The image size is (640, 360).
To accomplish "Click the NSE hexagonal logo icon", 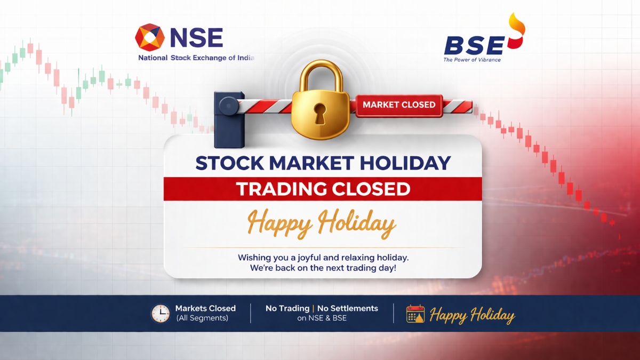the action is click(x=150, y=37).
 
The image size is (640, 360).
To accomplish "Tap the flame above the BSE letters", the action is click(x=517, y=31).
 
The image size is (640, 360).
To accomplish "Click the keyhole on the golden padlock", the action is click(x=320, y=114).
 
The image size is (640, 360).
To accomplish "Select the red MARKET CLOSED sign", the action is click(x=399, y=106).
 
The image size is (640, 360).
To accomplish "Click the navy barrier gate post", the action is click(x=229, y=119).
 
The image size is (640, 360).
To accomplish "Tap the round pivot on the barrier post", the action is click(x=229, y=106).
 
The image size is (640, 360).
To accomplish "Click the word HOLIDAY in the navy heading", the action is click(x=405, y=163).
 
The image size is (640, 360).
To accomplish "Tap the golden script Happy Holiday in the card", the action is click(x=322, y=223).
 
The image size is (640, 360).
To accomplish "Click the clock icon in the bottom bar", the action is click(x=161, y=314).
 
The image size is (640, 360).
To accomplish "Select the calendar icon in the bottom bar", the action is click(x=415, y=314).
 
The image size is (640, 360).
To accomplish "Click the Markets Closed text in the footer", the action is click(x=205, y=308).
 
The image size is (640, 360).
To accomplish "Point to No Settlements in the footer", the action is click(x=347, y=308).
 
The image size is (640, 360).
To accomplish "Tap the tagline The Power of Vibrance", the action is click(x=472, y=60).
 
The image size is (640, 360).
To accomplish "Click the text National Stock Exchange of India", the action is click(x=196, y=58).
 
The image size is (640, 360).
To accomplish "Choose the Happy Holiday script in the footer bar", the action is click(x=472, y=315).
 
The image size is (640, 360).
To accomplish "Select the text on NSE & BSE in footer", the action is click(x=322, y=318).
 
